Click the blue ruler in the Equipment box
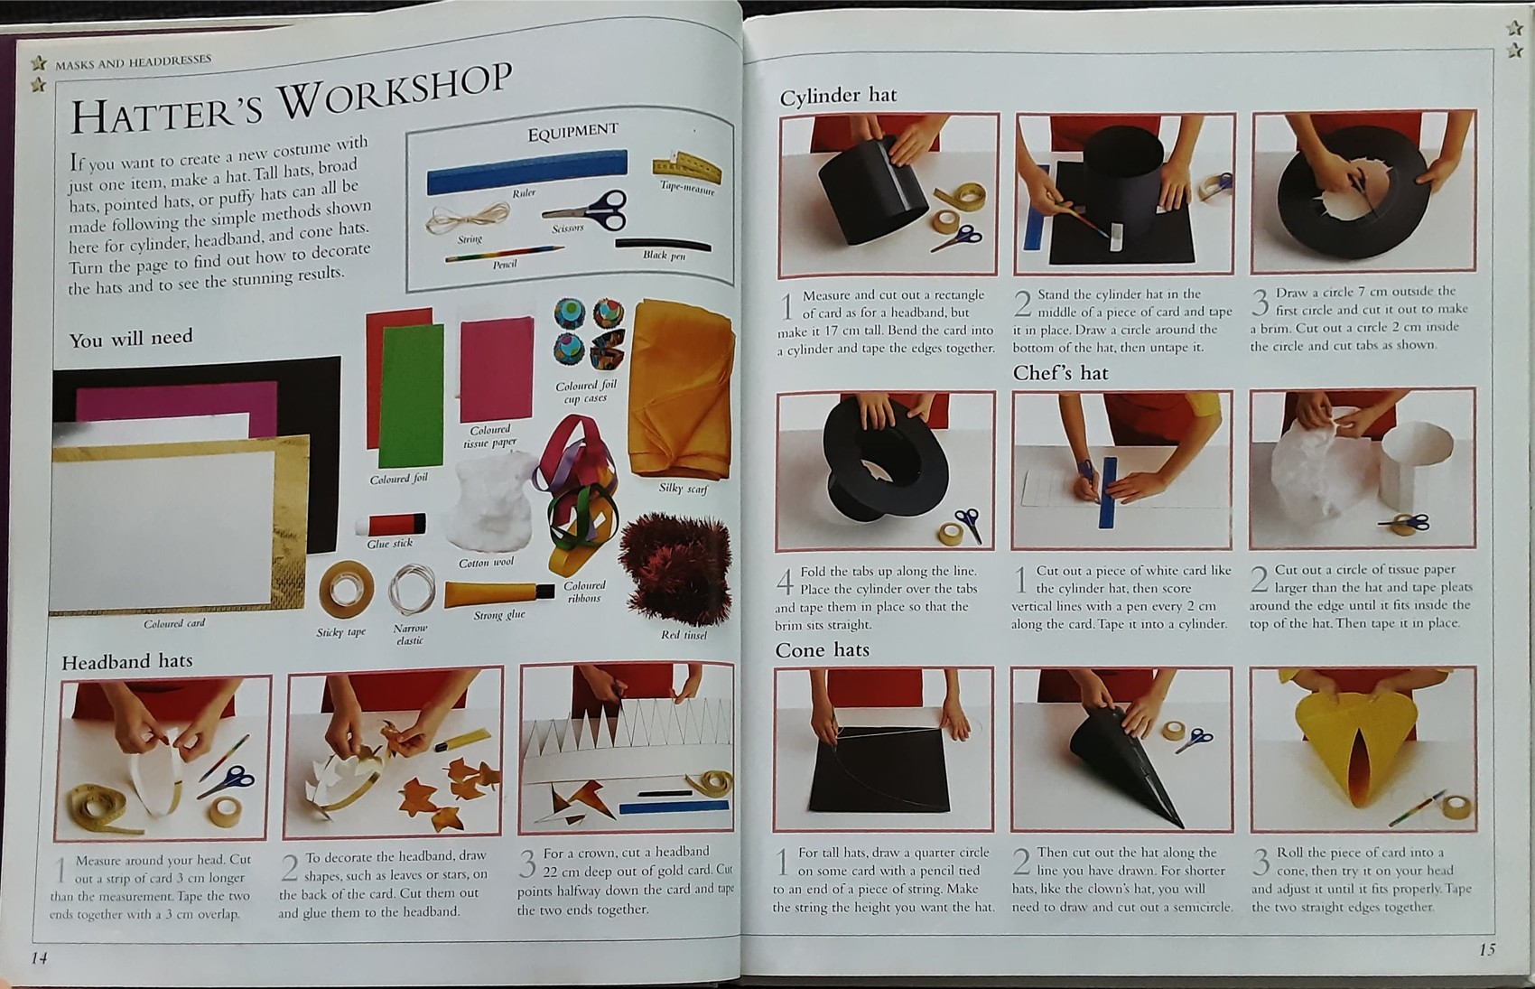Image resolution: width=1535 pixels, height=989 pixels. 527,171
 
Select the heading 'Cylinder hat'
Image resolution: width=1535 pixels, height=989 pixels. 837,95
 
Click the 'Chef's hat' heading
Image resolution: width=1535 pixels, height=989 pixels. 1060,373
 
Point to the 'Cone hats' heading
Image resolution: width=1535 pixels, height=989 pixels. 822,649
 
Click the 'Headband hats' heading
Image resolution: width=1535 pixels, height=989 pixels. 126,661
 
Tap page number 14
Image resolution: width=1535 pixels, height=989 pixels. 39,957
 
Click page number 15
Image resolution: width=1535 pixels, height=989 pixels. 1487,949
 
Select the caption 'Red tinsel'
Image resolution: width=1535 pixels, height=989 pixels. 684,635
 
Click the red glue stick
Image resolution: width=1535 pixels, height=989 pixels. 391,525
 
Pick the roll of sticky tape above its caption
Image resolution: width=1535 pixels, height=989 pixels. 347,588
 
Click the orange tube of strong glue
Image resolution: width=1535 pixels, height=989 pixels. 498,593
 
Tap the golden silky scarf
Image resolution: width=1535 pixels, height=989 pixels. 681,388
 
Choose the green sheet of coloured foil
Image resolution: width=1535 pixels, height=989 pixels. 411,397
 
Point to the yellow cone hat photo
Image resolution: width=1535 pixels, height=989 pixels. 1363,749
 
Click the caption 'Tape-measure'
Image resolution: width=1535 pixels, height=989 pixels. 687,187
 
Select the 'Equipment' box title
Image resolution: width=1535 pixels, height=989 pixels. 572,131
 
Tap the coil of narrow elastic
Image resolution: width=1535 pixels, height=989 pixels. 412,590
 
